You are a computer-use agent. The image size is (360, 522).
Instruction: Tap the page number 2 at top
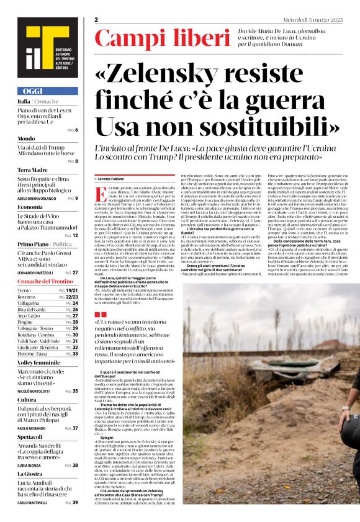coord(96,20)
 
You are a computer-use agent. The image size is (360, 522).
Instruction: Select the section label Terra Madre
coord(32,169)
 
